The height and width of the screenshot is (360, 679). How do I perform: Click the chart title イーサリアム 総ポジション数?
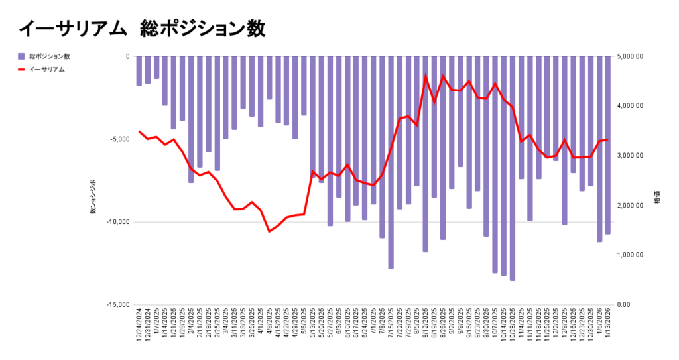pos(142,29)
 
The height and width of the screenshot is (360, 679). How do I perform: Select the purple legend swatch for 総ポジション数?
pos(21,56)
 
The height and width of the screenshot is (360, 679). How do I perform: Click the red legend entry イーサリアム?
pos(46,69)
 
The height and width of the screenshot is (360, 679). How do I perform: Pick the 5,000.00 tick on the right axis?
pos(631,56)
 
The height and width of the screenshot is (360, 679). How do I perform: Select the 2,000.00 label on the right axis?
pos(631,206)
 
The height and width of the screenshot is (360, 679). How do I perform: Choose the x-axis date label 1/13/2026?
pos(608,326)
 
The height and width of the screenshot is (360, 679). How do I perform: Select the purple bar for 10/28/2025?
pos(513,168)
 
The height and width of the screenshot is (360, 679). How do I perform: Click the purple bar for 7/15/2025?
pos(391,162)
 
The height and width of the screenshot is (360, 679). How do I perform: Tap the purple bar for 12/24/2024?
pos(139,71)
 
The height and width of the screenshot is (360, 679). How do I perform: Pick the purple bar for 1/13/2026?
pos(608,145)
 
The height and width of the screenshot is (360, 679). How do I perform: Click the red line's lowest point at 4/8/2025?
pos(269,231)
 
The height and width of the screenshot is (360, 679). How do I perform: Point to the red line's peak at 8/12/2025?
pos(426,76)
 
